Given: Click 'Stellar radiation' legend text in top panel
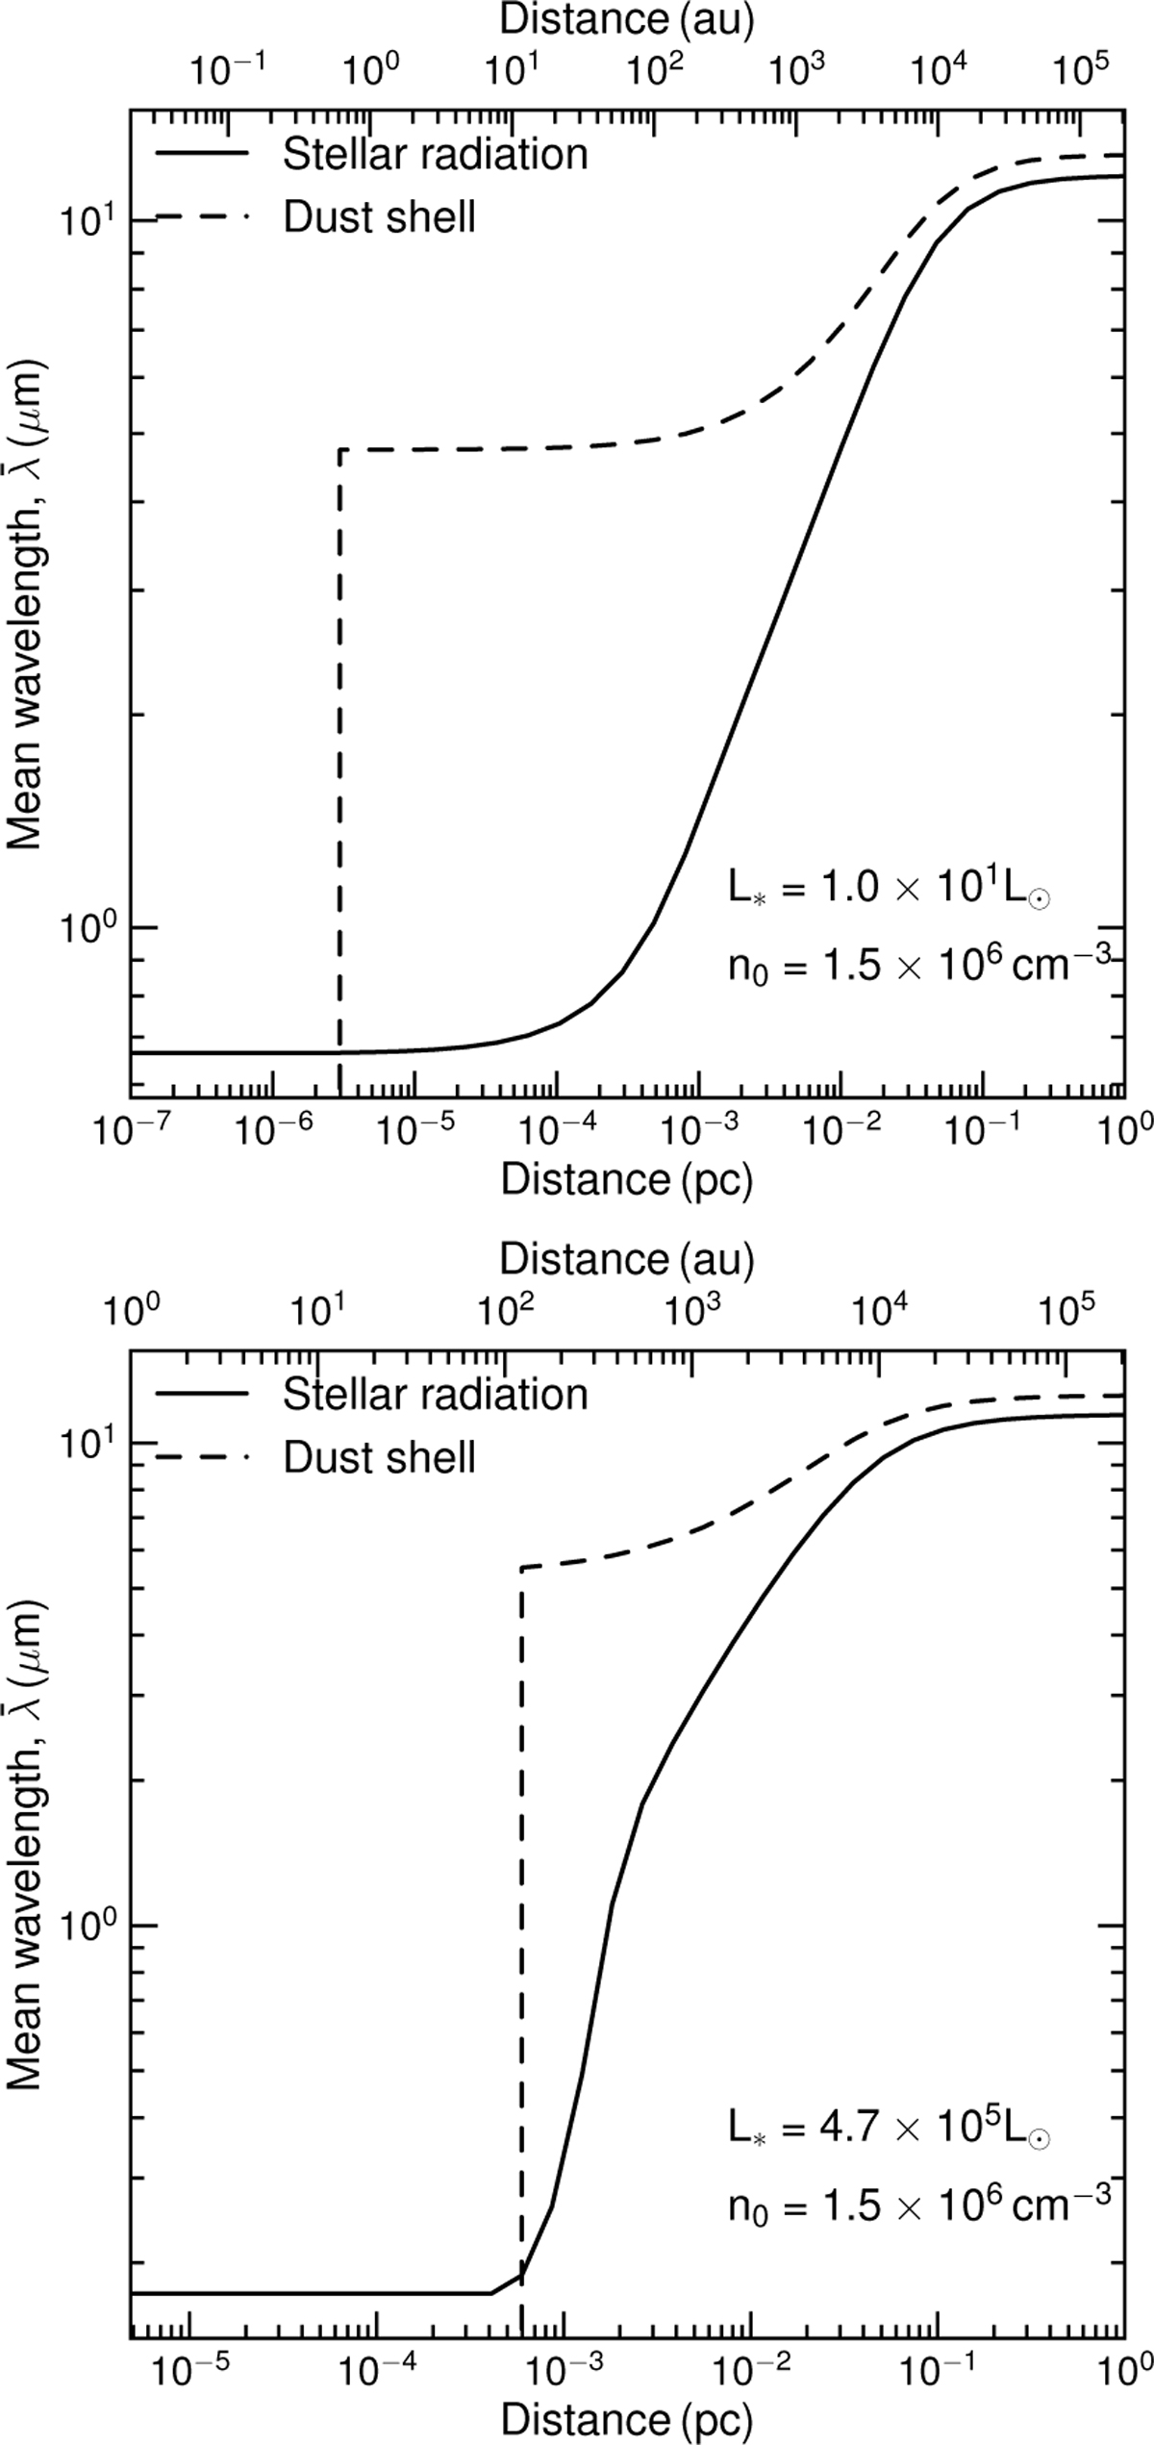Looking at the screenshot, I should [435, 155].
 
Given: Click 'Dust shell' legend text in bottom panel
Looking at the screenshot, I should [379, 1458].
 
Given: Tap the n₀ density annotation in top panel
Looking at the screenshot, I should [918, 963].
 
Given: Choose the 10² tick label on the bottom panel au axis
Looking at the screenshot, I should [505, 1312].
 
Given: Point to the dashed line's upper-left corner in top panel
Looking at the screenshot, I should [340, 449].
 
